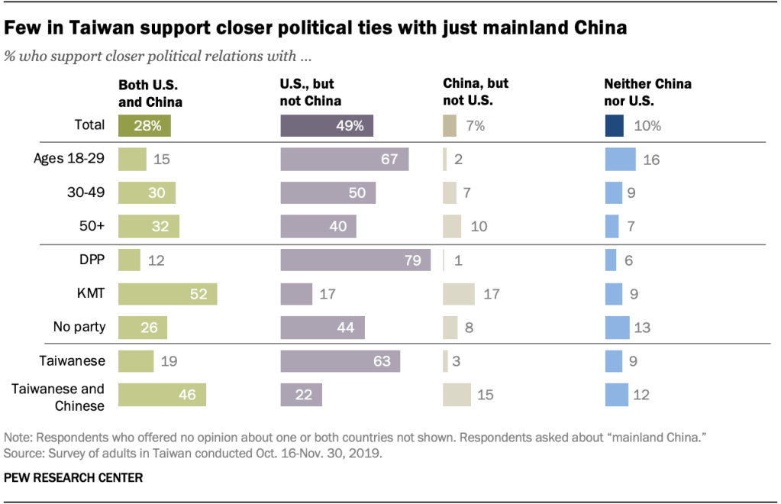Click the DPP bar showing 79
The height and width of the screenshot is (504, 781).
pyautogui.click(x=355, y=260)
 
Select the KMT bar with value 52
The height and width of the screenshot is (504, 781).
pyautogui.click(x=167, y=293)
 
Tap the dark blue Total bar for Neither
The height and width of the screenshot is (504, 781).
pyautogui.click(x=614, y=125)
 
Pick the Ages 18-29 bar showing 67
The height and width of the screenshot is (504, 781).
pyautogui.click(x=344, y=159)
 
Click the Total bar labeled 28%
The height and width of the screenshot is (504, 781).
pyautogui.click(x=144, y=125)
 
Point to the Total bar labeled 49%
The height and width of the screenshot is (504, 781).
pyautogui.click(x=327, y=125)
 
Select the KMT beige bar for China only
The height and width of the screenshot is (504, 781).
pyautogui.click(x=459, y=293)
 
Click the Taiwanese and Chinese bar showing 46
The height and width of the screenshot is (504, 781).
pyautogui.click(x=162, y=394)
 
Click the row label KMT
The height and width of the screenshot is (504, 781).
pyautogui.click(x=91, y=293)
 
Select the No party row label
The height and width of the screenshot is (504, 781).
pyautogui.click(x=80, y=327)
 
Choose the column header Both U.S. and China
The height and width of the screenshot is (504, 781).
pyautogui.click(x=150, y=92)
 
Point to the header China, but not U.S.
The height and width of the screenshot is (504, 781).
pyautogui.click(x=476, y=92)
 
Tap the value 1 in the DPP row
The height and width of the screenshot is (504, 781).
pyautogui.click(x=458, y=260)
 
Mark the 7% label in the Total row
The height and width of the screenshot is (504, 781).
pyautogui.click(x=475, y=125)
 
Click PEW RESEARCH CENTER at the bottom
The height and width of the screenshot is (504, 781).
pyautogui.click(x=73, y=477)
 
